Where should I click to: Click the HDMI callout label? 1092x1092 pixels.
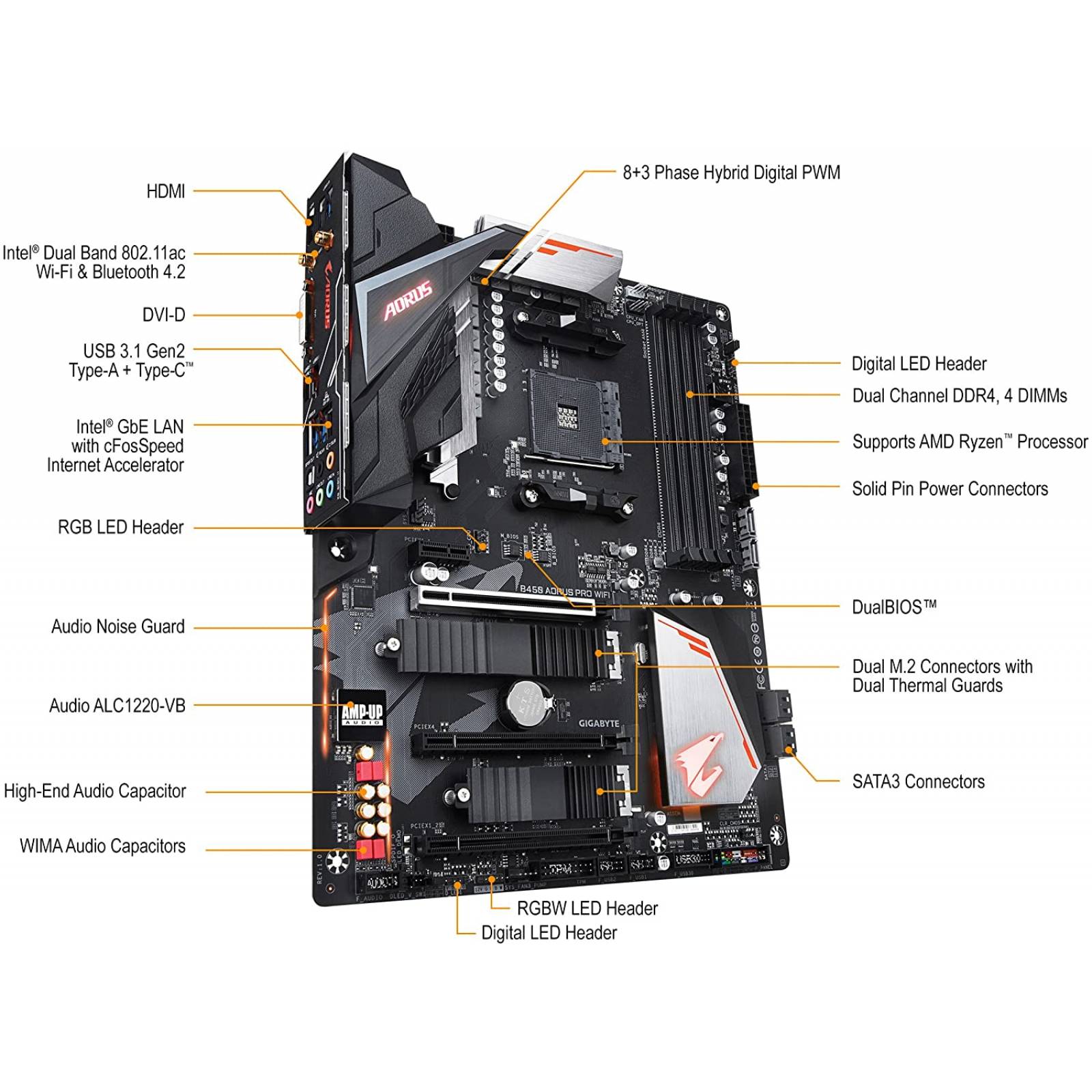165,192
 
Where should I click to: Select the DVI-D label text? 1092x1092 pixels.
163,315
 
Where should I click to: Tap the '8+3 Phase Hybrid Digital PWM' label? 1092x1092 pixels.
731,173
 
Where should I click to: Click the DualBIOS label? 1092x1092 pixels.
893,607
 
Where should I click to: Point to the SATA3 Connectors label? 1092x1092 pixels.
918,781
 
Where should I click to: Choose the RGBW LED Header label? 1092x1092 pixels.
587,908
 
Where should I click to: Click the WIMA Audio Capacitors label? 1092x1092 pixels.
102,846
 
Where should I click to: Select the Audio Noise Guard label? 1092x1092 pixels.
117,627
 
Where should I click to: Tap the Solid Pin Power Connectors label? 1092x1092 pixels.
949,489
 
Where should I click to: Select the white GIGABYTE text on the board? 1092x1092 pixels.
599,723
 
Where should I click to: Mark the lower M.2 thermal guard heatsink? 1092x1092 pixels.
539,792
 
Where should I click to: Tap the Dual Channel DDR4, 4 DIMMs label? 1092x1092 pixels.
959,396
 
